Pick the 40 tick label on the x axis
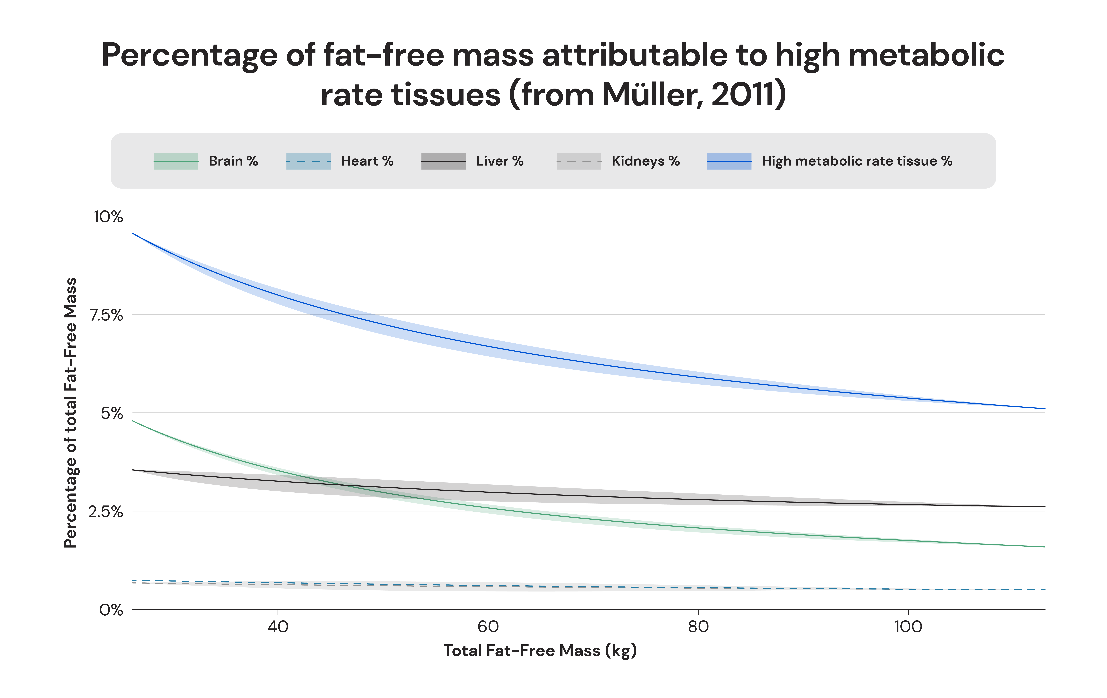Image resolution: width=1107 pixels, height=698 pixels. tap(278, 627)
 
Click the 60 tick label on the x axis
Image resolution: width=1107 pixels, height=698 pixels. tap(488, 627)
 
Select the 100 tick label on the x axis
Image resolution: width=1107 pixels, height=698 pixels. tap(908, 627)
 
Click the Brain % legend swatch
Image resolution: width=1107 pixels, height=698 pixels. tap(176, 161)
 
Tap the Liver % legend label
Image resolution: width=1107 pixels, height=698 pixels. tap(500, 161)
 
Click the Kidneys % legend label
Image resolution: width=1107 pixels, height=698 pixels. tap(645, 161)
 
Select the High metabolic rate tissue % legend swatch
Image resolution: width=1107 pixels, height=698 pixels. tap(729, 161)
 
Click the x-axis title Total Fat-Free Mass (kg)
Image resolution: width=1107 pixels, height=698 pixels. tap(540, 651)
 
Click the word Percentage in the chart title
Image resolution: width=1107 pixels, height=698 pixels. tap(189, 55)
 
